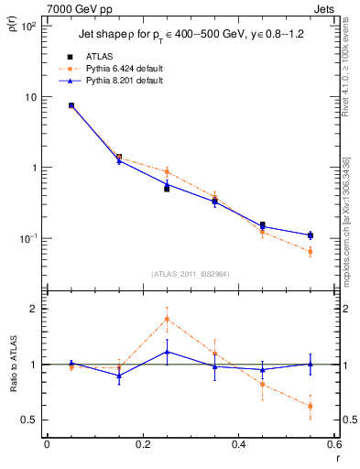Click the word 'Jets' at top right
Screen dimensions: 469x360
tap(322, 6)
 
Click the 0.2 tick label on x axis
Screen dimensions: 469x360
tap(142, 444)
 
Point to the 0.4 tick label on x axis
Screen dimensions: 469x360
tap(238, 444)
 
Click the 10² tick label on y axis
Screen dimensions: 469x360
tap(28, 27)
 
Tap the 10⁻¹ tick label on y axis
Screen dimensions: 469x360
tap(27, 239)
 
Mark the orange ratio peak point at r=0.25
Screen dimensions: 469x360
tap(167, 319)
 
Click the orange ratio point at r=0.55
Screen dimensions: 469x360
tap(311, 406)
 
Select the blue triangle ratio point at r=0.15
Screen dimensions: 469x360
tap(119, 376)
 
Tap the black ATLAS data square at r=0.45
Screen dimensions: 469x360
tap(263, 224)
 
